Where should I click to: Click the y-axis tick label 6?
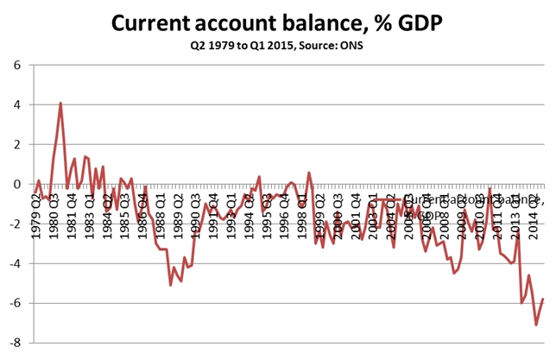[x=18, y=66]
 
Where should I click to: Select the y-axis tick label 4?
[x=18, y=105]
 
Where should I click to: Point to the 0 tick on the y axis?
[x=18, y=185]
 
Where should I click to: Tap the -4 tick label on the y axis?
[x=16, y=263]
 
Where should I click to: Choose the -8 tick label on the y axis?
[x=16, y=343]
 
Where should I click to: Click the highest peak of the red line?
[x=60, y=104]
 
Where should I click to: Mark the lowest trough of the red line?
[x=536, y=325]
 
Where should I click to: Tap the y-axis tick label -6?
[x=16, y=303]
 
